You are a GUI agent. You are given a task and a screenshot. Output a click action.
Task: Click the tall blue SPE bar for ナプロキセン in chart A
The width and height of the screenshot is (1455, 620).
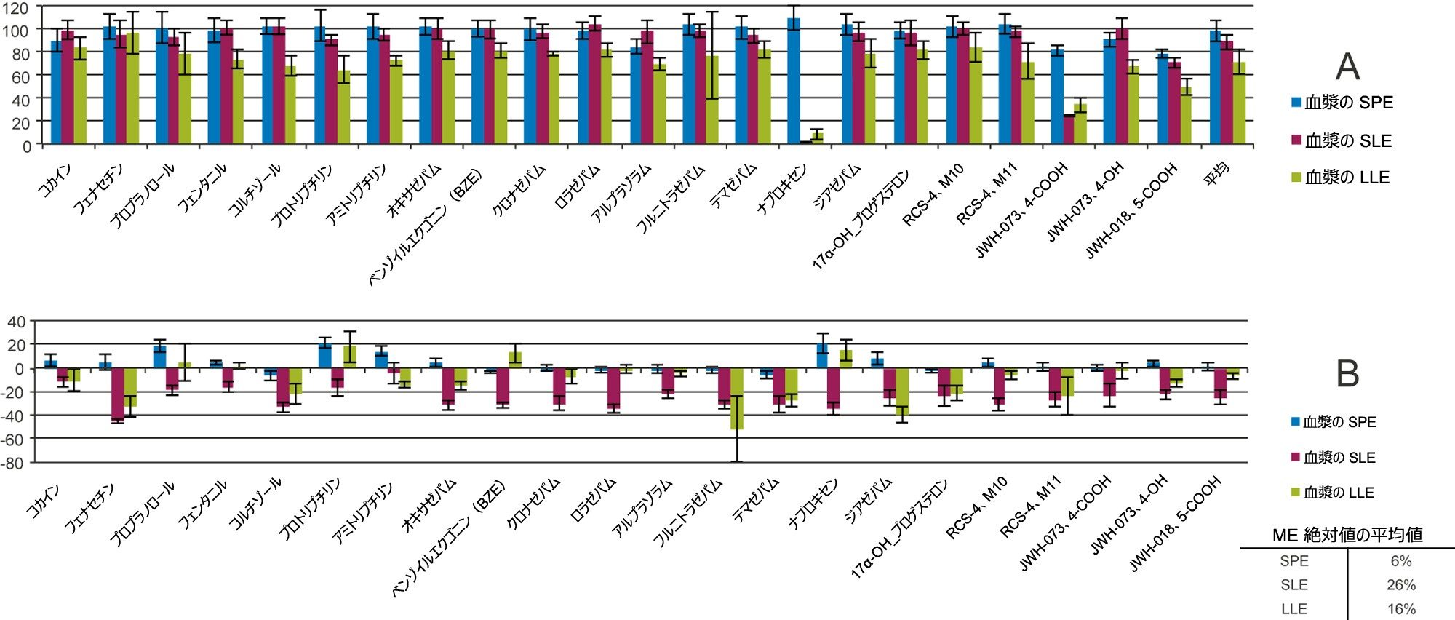click(x=794, y=80)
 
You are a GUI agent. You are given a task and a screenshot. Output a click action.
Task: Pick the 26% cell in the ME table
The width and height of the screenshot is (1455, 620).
click(x=1400, y=585)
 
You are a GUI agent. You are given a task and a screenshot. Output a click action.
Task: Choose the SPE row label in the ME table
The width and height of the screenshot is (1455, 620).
click(x=1293, y=561)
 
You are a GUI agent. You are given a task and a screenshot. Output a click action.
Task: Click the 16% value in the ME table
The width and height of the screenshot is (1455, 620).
click(x=1400, y=609)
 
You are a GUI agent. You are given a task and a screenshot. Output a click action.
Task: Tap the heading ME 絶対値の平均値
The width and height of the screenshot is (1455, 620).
click(x=1347, y=535)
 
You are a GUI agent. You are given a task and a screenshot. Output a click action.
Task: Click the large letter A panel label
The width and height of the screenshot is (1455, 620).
click(x=1347, y=67)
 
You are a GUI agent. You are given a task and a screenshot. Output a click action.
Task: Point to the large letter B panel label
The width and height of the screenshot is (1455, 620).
click(x=1347, y=373)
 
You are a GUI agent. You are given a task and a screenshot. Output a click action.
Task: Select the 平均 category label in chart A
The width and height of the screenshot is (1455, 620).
click(x=1216, y=175)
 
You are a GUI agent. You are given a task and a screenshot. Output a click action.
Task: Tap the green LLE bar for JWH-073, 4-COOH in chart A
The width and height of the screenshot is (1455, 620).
click(x=1080, y=124)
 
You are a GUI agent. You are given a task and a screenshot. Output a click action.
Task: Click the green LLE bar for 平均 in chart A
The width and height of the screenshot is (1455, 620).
click(x=1239, y=103)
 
